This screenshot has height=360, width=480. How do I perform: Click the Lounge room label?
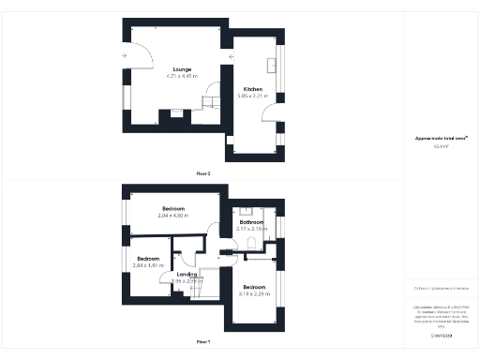(182, 69)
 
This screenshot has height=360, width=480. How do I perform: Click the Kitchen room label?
(252, 89)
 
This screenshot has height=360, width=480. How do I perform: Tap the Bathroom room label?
(251, 222)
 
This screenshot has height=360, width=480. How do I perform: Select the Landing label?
(187, 274)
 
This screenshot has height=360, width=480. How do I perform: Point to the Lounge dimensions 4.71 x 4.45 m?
(182, 76)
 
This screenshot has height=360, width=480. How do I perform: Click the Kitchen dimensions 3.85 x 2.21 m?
(252, 96)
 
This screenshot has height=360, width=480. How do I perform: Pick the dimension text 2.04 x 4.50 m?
(173, 216)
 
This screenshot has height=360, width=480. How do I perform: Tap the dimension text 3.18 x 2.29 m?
(254, 293)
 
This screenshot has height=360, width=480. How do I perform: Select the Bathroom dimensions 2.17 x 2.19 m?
(251, 229)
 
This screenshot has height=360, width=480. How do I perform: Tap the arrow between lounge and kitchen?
(231, 57)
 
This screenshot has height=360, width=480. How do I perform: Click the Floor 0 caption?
(203, 173)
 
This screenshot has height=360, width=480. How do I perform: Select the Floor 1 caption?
(203, 341)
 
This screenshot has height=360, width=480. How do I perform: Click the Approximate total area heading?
(435, 139)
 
